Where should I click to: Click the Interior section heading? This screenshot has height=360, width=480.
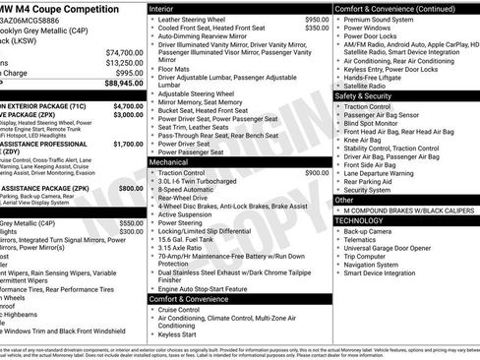[x=161, y=8]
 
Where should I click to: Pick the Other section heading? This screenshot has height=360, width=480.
[x=344, y=200]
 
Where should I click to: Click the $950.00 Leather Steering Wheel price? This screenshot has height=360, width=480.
[x=317, y=20]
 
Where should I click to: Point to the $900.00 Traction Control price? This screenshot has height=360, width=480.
[x=317, y=172]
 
